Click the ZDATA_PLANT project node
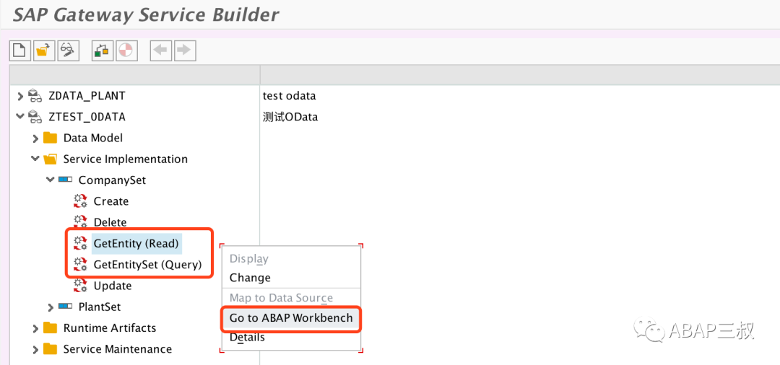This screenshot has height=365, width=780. [87, 95]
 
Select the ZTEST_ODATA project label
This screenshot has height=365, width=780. [87, 117]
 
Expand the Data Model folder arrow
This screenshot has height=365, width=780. [35, 138]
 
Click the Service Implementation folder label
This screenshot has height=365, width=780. [126, 159]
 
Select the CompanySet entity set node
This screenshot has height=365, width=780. [113, 180]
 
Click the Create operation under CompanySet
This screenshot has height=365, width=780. [111, 201]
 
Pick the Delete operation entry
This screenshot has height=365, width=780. [110, 222]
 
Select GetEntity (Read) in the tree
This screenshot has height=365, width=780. [136, 243]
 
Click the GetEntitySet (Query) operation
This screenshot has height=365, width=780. [148, 265]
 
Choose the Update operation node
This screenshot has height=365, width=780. [113, 286]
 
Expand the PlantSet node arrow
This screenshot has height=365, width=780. [51, 307]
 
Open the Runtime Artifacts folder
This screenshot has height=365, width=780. [110, 328]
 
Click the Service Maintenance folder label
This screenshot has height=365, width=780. [118, 349]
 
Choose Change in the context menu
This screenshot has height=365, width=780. [250, 278]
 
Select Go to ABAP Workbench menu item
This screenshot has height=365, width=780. [291, 318]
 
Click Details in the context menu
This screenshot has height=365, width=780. [247, 338]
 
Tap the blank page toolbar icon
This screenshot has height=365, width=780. [19, 50]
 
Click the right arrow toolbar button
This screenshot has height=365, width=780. [185, 50]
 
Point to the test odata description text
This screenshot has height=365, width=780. [289, 96]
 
